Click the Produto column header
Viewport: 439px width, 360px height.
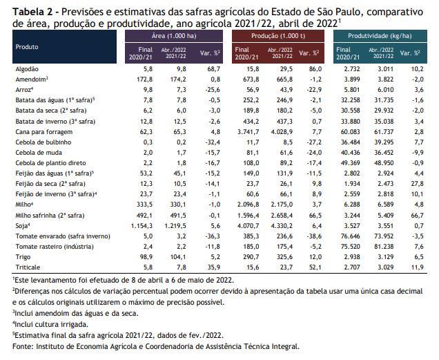(27, 47)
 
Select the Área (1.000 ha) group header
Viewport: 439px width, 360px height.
(174, 36)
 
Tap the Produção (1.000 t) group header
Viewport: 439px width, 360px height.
(278, 36)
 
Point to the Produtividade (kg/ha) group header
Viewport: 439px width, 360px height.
(380, 36)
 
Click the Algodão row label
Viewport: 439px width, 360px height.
(27, 69)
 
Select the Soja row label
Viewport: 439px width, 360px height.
(23, 226)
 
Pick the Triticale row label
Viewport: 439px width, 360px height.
(28, 267)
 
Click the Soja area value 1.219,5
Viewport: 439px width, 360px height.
(175, 226)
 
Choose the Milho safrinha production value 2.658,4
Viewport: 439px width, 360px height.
(282, 216)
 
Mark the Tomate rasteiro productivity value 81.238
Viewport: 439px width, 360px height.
(384, 247)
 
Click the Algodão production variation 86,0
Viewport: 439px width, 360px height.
(315, 69)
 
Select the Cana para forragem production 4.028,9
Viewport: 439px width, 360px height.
(282, 132)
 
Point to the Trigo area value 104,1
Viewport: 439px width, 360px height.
(178, 257)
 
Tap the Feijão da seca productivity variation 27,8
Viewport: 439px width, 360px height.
(418, 184)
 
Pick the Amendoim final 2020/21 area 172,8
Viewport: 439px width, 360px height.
(144, 79)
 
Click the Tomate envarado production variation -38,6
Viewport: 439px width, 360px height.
(314, 236)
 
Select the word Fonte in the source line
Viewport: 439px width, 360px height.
(22, 346)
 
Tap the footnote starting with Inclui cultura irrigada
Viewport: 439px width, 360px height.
(50, 324)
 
